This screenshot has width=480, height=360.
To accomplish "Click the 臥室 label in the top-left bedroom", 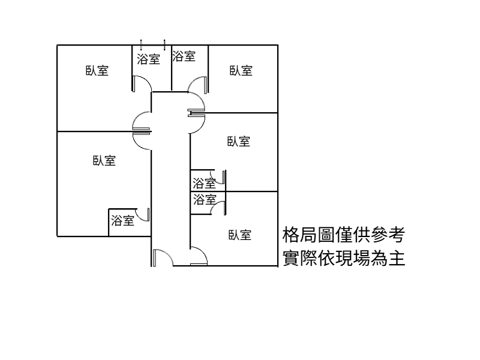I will click(97, 71).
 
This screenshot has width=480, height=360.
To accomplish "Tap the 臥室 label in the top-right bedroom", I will click(241, 71).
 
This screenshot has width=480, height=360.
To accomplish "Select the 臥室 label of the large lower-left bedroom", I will click(104, 161).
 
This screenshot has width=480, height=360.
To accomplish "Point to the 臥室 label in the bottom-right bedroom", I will click(239, 235).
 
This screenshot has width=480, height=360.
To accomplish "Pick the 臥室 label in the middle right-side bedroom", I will click(238, 142).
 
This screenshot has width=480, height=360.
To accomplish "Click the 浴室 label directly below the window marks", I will click(148, 59).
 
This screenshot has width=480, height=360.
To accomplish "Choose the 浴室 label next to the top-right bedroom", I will click(184, 56).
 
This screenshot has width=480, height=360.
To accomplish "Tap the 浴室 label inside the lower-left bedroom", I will click(122, 221).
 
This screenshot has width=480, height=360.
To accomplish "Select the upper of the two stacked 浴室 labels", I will click(203, 182).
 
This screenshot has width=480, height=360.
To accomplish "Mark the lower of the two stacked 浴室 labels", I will click(203, 200).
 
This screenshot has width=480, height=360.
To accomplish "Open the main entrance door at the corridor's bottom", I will click(163, 257).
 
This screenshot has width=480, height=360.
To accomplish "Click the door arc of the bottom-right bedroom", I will click(199, 257).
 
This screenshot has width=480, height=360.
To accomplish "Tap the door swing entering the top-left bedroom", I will click(142, 120).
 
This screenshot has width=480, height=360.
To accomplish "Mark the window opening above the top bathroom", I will click(152, 44).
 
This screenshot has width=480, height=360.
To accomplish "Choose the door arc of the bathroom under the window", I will click(142, 84).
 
